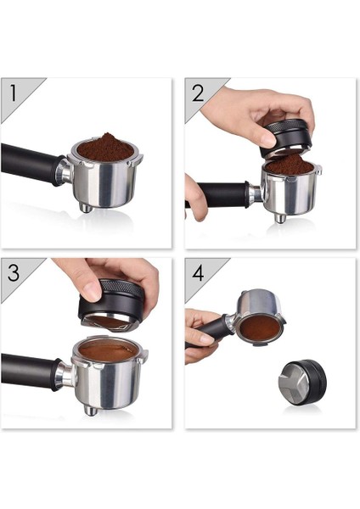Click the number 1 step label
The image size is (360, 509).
click(x=14, y=91)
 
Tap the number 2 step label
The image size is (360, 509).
click(x=197, y=92)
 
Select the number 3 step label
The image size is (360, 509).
click(x=14, y=271)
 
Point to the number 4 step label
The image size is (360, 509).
click(x=198, y=272)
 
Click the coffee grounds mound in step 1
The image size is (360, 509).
click(x=105, y=146)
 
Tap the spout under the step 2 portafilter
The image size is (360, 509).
click(x=279, y=218)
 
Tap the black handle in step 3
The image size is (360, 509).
click(x=30, y=370)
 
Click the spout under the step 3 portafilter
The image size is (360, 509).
click(x=89, y=410)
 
